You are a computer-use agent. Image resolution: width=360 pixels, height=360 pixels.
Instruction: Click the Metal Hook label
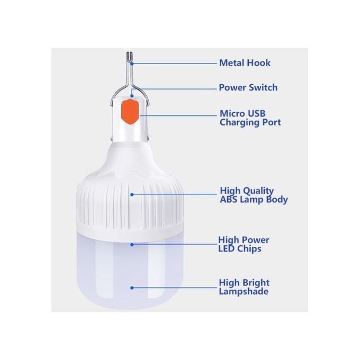click(245, 63)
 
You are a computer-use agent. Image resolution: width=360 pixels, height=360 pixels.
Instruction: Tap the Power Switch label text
click(248, 87)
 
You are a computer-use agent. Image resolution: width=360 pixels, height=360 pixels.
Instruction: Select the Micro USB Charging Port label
click(250, 118)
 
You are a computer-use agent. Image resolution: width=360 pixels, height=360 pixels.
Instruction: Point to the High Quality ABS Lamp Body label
click(254, 195)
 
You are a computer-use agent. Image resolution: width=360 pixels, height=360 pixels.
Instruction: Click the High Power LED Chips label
click(244, 244)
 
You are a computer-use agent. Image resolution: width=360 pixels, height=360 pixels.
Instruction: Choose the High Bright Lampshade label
click(244, 287)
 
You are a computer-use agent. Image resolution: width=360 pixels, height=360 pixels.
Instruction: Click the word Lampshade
click(244, 292)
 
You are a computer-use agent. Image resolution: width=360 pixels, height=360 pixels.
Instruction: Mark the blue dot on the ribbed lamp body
click(132, 194)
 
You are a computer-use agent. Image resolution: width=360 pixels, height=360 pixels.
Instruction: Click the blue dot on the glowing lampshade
click(132, 288)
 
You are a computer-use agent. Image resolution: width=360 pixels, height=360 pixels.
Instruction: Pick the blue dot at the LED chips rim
click(132, 244)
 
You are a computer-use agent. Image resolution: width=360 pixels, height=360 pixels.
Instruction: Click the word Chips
click(250, 249)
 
